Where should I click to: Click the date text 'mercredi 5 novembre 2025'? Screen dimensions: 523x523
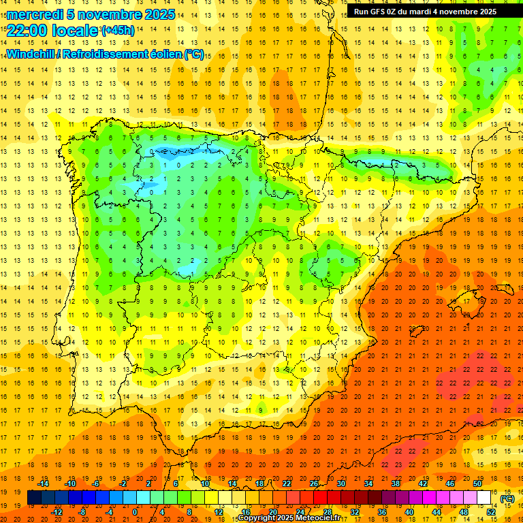click(x=91, y=14)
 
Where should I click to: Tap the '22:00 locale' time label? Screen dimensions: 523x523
click(x=52, y=30)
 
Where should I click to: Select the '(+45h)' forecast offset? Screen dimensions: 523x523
click(x=118, y=30)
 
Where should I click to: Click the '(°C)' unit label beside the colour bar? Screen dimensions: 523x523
click(x=507, y=498)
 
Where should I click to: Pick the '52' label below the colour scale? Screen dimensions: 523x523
click(x=491, y=512)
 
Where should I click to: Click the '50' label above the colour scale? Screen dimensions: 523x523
click(x=477, y=484)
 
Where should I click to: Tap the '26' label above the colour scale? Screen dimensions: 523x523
click(x=314, y=484)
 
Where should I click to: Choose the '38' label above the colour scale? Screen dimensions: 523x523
click(x=395, y=484)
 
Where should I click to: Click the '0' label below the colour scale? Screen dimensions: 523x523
click(x=135, y=512)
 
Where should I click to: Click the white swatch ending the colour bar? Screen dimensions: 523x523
click(x=484, y=498)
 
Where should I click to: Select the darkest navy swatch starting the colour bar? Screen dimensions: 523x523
click(x=34, y=498)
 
